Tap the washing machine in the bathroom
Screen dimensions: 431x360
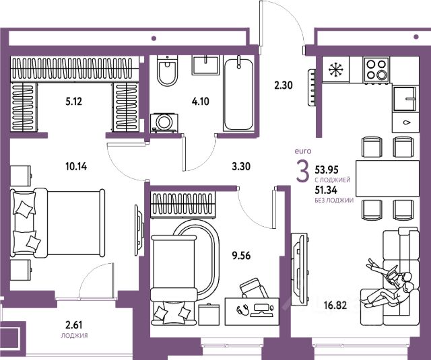tap(164, 123)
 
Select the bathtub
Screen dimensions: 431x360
tap(238, 94)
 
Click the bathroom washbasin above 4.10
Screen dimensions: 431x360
tap(205, 65)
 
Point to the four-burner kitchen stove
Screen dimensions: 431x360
tap(376, 70)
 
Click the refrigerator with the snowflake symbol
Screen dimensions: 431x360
tap(335, 69)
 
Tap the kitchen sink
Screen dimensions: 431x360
tap(405, 99)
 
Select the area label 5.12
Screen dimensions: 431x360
tap(73, 102)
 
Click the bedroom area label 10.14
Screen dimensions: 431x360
tap(76, 166)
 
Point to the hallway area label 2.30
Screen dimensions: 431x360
tap(284, 85)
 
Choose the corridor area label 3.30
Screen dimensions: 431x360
tap(241, 166)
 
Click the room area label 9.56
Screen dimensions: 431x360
tap(241, 256)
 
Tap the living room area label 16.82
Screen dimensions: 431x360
tap(335, 305)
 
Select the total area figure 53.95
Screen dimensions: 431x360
tap(327, 170)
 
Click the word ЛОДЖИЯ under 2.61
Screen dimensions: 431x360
tap(75, 336)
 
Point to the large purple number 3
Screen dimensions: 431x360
tap(303, 172)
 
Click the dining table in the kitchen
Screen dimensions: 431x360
tap(388, 178)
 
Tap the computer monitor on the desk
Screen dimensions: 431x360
tap(262, 308)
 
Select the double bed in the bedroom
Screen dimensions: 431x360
tap(57, 223)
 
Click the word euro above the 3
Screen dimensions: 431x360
tap(303, 151)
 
